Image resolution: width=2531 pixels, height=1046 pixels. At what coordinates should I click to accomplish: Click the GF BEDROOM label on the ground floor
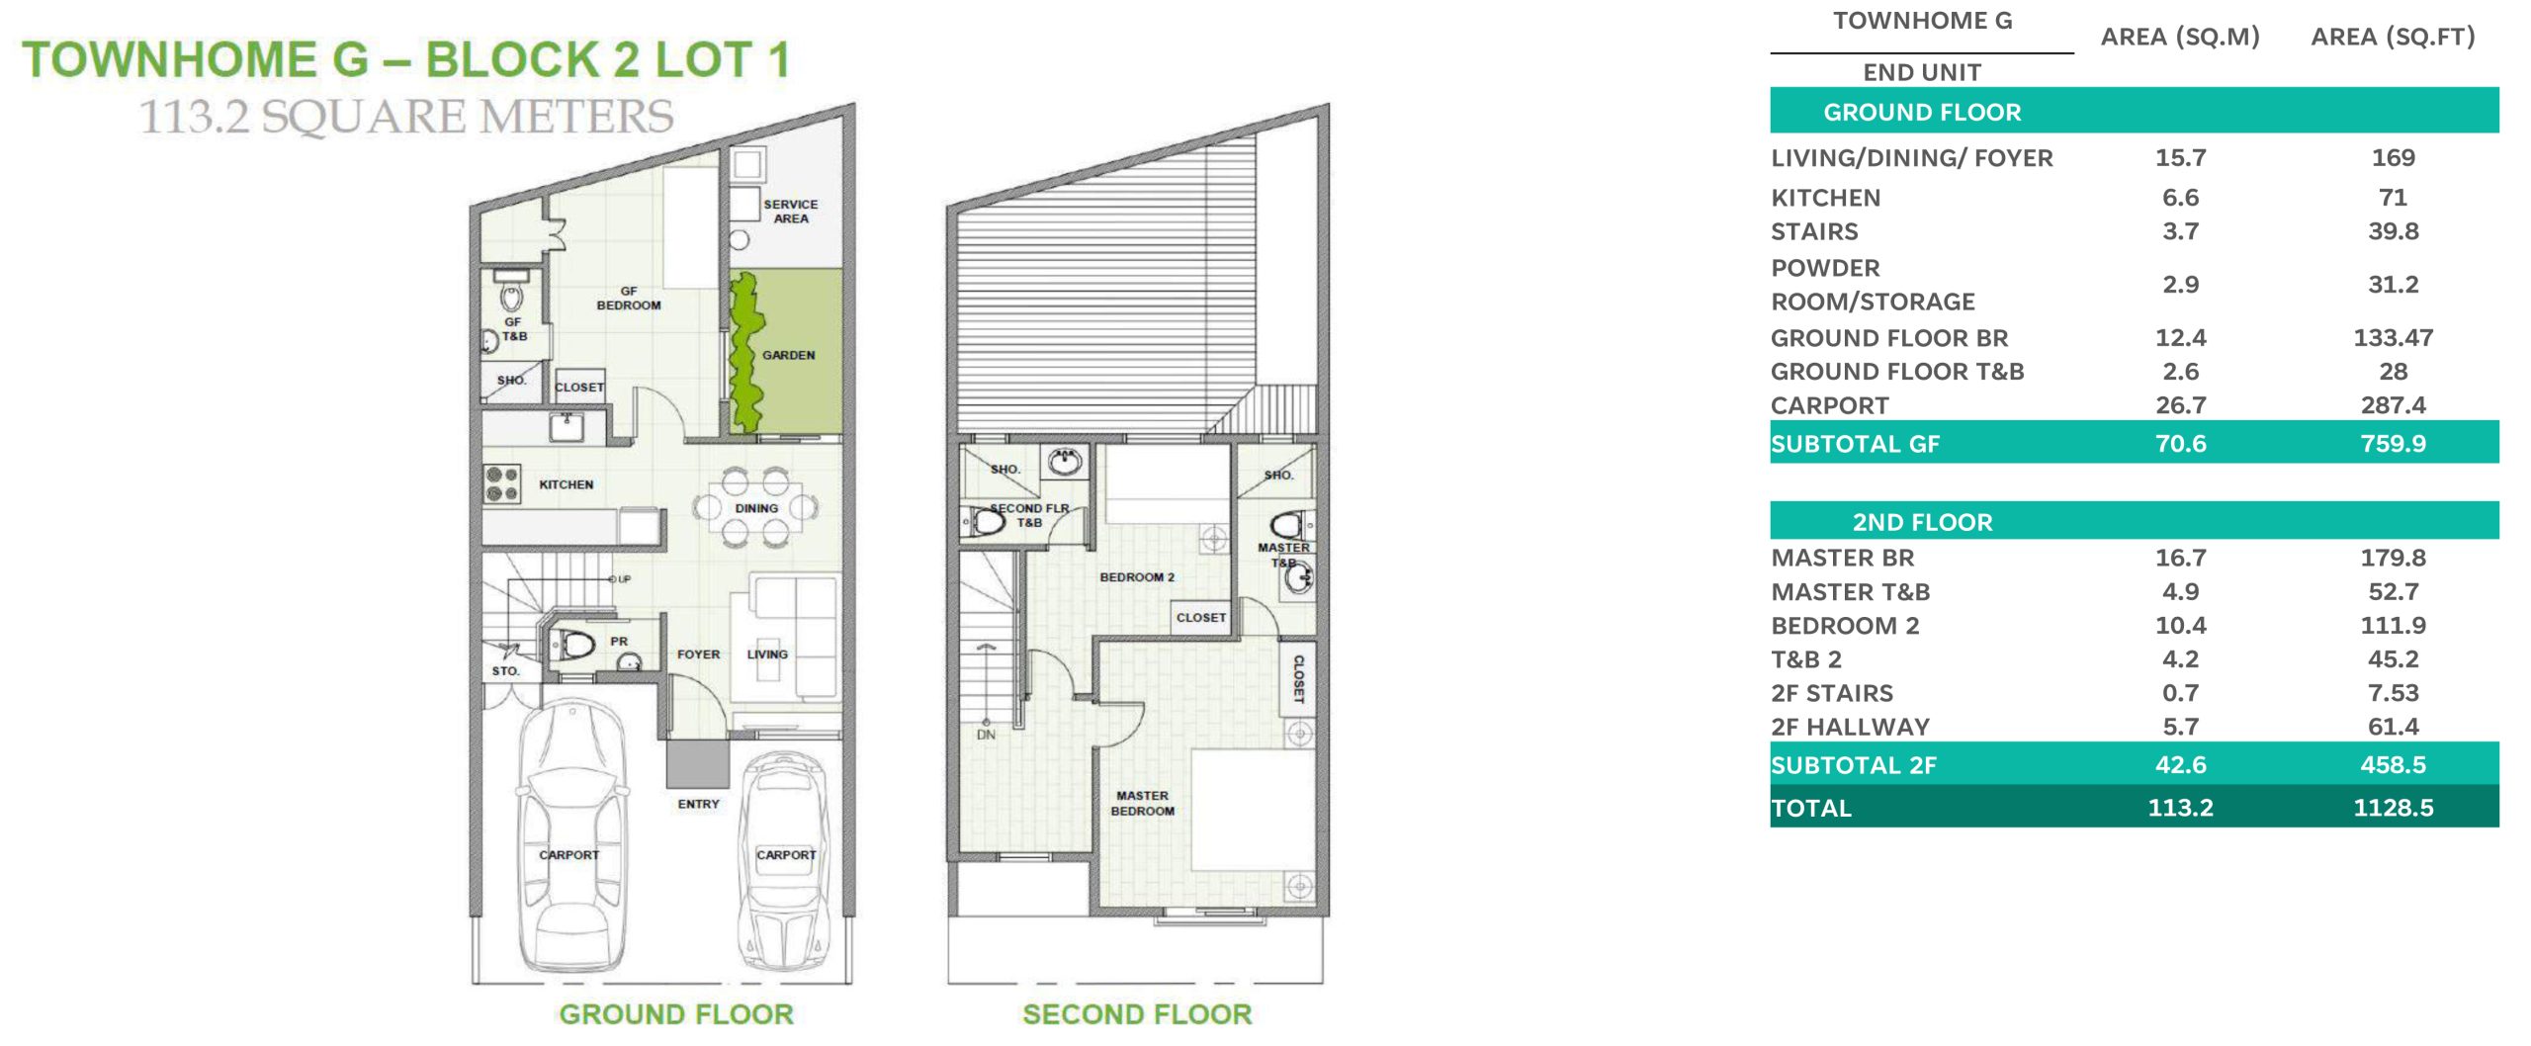[629, 298]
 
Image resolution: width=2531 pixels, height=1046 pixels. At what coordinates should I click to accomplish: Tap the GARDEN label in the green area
[788, 355]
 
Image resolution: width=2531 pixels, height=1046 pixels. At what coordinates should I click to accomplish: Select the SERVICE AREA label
[790, 211]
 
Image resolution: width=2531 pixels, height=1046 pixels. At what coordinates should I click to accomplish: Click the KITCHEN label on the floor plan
[566, 484]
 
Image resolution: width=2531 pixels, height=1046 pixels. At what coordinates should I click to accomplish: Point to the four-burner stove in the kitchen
[502, 483]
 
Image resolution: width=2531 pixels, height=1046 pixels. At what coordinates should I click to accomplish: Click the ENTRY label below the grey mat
[698, 804]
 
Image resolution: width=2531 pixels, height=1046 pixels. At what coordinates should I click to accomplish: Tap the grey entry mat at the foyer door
[697, 763]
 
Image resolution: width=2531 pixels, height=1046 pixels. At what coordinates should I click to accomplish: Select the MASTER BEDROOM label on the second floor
[1142, 803]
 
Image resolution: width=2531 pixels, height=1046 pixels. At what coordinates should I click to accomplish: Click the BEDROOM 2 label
[1137, 577]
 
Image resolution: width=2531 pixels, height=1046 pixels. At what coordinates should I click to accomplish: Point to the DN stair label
[986, 735]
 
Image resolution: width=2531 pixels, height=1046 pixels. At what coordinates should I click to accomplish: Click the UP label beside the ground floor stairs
[624, 579]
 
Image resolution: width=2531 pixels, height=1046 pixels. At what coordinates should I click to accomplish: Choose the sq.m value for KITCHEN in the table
[2180, 197]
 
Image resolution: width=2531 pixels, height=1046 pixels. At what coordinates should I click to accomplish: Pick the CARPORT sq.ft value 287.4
[2393, 404]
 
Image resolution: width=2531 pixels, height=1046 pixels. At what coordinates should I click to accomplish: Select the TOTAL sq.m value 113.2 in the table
[2180, 808]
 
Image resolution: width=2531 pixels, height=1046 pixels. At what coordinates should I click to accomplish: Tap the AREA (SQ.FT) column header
[2393, 37]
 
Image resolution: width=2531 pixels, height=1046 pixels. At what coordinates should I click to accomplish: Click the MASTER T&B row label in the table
[1851, 592]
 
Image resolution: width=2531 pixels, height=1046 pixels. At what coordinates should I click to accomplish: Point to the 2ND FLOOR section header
[1922, 522]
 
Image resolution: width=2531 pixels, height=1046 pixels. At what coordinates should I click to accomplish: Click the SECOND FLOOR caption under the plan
[1137, 1014]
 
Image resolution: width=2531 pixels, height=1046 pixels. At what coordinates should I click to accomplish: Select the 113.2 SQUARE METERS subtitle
[406, 117]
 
